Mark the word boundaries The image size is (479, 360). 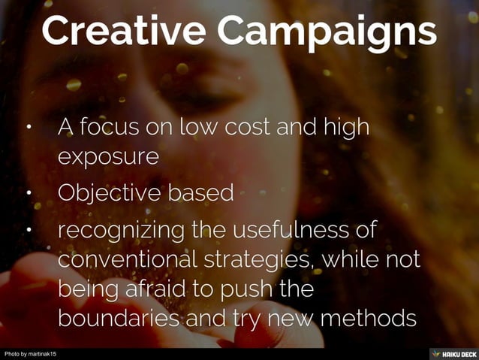point(122,319)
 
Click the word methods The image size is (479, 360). point(368,319)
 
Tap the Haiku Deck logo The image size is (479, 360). point(452,353)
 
